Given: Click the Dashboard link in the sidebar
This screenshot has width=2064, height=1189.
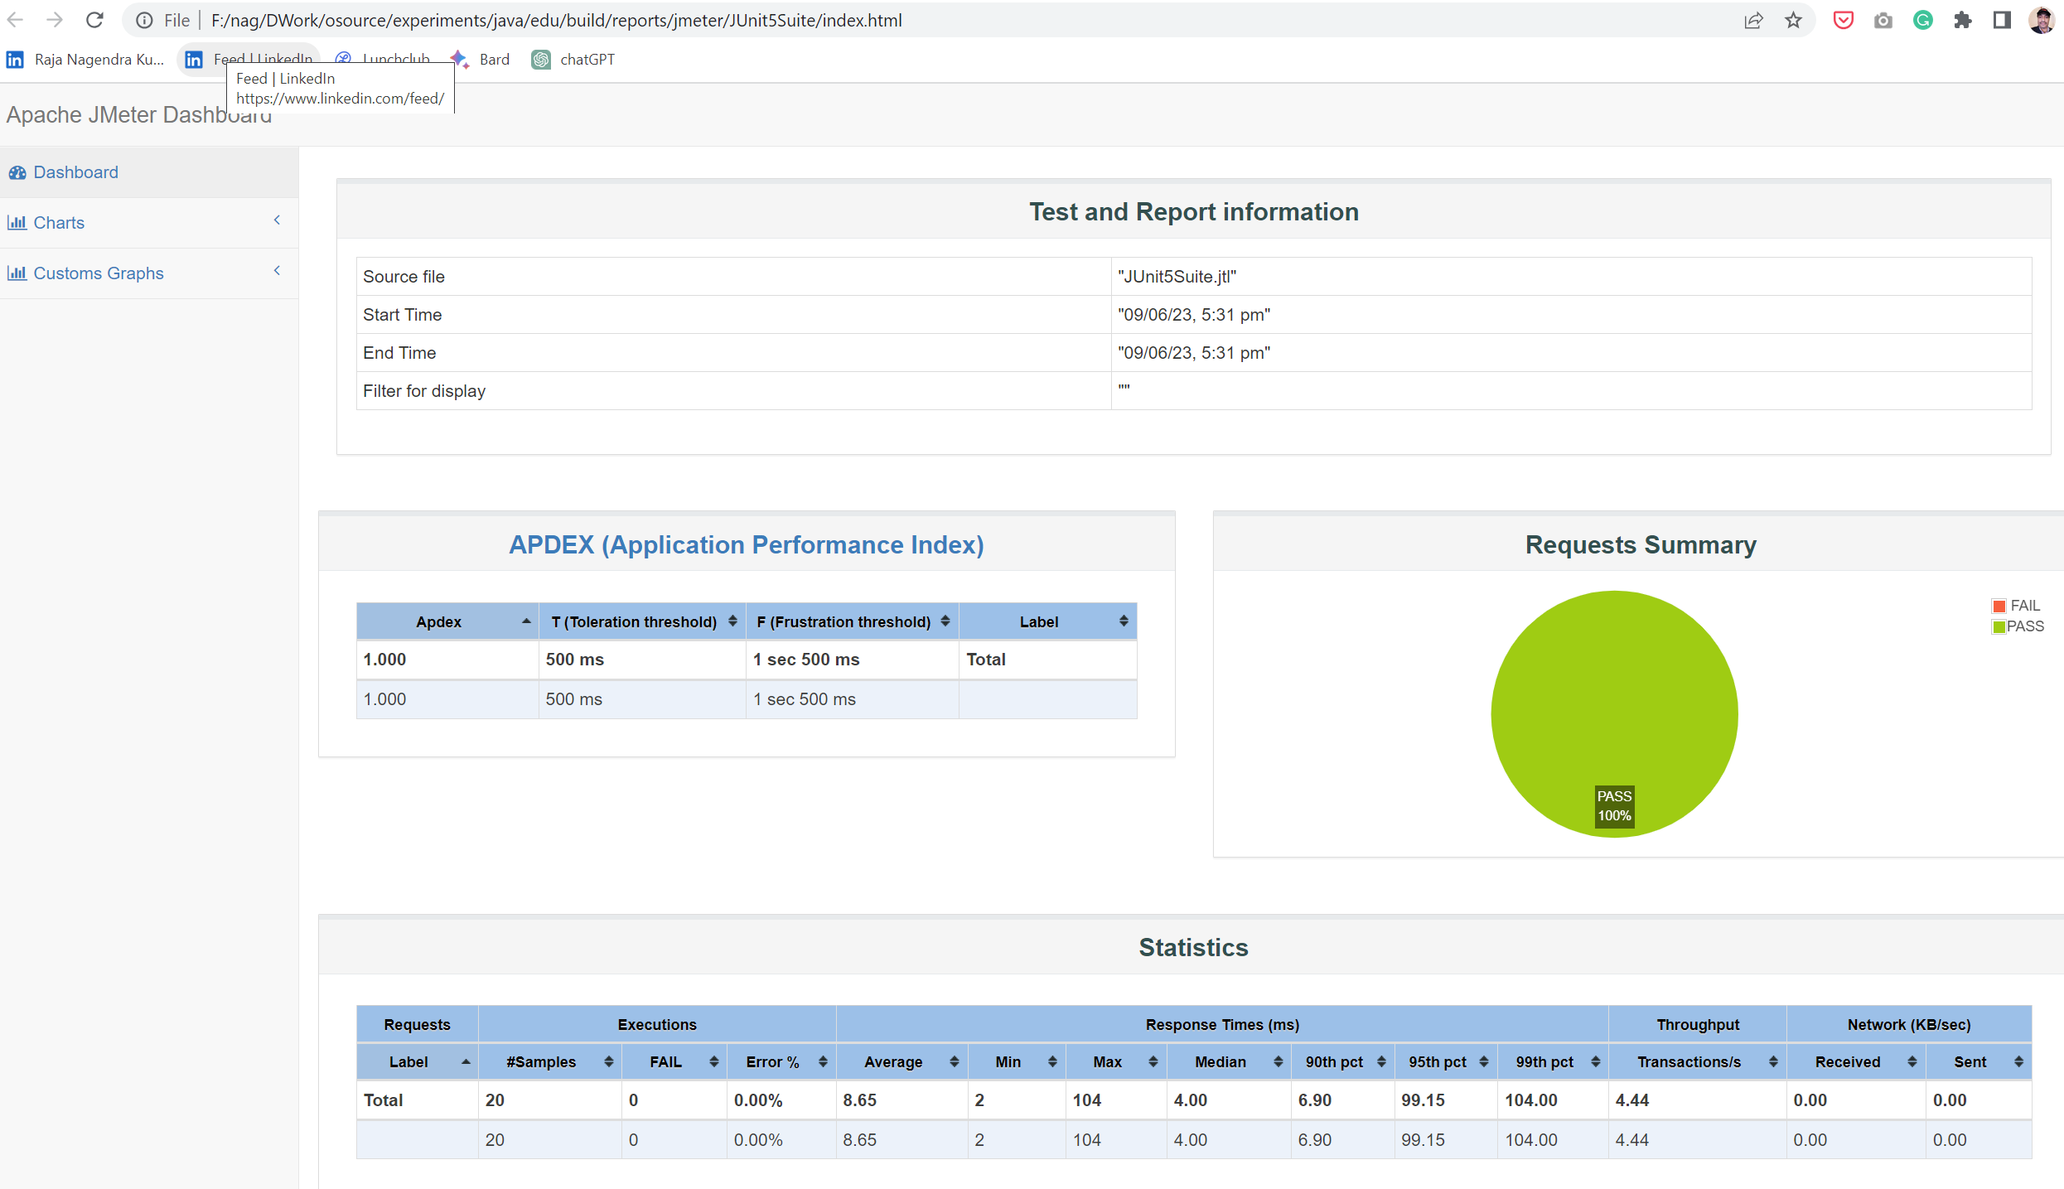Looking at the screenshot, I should [75, 172].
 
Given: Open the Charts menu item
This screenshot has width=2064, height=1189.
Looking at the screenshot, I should [58, 223].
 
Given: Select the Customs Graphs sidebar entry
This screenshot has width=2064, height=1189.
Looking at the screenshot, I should [98, 273].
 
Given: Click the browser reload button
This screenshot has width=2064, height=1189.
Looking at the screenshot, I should [94, 20].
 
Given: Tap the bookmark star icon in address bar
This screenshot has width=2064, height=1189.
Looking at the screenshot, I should [1793, 20].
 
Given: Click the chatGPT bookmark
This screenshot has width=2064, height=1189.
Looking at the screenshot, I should [586, 60].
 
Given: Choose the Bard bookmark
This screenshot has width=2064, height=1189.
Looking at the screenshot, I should [494, 60].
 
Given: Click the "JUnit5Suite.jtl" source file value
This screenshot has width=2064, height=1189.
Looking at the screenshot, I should [1177, 277].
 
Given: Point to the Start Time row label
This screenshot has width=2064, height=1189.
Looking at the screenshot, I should [402, 315].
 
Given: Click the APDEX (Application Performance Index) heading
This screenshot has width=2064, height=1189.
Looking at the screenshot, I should [746, 544].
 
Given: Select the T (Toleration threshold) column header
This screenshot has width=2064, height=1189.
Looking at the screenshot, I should [634, 621].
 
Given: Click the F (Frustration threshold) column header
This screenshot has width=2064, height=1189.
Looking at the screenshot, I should [843, 621].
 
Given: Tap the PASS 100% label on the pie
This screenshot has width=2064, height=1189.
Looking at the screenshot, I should [1613, 805].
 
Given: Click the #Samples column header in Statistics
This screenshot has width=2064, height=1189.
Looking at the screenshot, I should [541, 1061].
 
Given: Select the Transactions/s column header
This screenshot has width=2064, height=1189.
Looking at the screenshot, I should [1689, 1061].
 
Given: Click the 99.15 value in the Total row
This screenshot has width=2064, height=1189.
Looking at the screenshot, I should [1423, 1100].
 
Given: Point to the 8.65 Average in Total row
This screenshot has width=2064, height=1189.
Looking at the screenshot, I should [859, 1100].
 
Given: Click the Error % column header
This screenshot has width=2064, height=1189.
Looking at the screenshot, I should [772, 1061].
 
